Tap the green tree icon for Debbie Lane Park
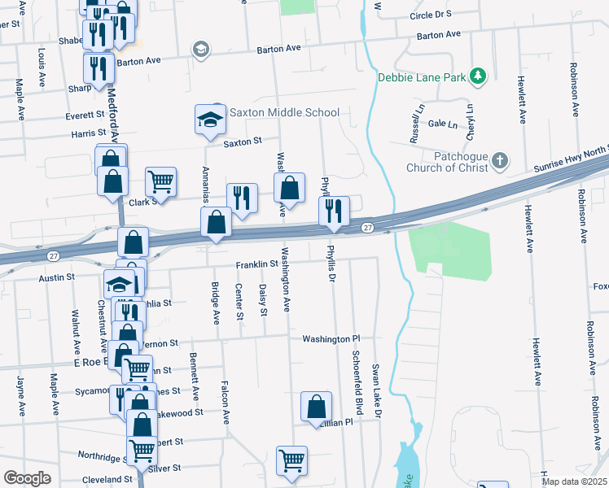click(x=480, y=76)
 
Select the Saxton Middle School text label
click(x=284, y=112)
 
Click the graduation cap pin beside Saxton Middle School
click(x=210, y=120)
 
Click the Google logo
click(x=27, y=478)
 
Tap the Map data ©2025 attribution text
click(x=572, y=481)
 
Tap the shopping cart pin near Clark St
click(x=161, y=183)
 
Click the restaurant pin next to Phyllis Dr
click(x=334, y=211)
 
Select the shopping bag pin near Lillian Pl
click(x=316, y=407)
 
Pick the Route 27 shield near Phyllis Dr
click(x=368, y=227)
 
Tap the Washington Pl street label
click(x=331, y=338)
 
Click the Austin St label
click(x=57, y=277)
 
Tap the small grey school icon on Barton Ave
click(x=199, y=50)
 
